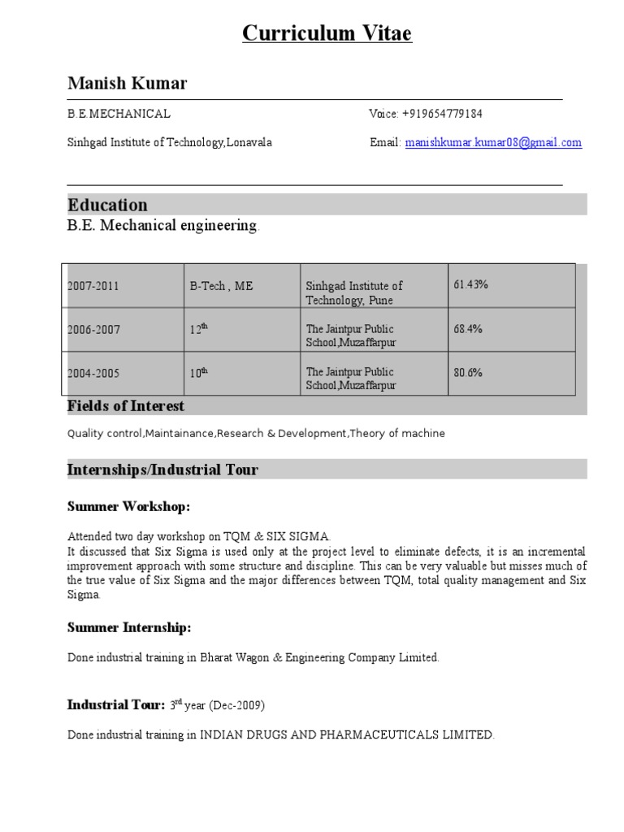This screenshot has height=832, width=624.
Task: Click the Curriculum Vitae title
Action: click(327, 34)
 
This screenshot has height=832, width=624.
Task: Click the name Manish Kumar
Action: click(127, 84)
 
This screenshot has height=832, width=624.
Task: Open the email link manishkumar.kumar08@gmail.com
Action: click(493, 142)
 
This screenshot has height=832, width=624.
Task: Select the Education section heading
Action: click(107, 205)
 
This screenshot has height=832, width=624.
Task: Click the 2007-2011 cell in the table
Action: click(93, 286)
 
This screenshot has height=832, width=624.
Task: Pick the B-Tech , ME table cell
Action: click(221, 286)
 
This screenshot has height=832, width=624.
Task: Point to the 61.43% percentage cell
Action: click(470, 284)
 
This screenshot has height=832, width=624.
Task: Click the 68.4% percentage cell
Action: click(468, 329)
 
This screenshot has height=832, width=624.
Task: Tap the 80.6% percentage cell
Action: click(468, 373)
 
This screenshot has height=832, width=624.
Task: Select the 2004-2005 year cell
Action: click(93, 373)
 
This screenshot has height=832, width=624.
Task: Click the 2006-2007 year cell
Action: click(93, 330)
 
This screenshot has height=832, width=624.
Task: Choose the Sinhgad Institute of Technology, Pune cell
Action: click(353, 293)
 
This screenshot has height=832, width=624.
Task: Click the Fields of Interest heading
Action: click(126, 405)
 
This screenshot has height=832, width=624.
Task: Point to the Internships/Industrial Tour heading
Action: click(162, 470)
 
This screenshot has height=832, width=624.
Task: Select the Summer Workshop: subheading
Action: click(128, 507)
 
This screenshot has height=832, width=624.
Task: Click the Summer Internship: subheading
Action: click(129, 627)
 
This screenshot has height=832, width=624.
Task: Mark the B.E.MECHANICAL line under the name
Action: click(119, 114)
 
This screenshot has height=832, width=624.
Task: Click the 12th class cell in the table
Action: click(199, 330)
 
